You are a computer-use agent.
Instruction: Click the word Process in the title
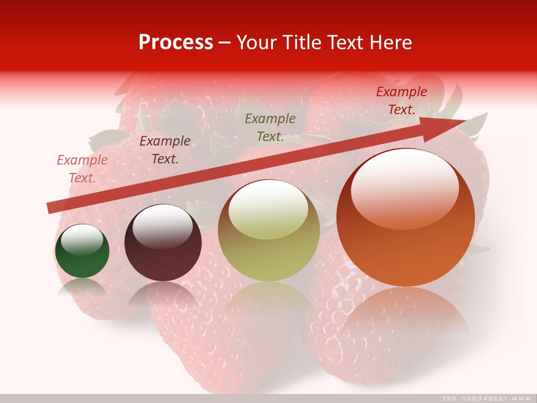coord(176,43)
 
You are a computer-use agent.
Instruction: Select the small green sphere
coord(82,251)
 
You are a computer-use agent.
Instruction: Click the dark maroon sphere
coord(163,243)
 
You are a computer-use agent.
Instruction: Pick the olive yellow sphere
coord(269,231)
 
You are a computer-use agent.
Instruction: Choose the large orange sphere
coord(406,218)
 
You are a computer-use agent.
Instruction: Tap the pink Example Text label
coord(82,169)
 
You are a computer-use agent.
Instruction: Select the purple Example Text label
coord(165,150)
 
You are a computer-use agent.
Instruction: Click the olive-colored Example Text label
coord(270,128)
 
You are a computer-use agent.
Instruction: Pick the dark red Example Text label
coord(402,101)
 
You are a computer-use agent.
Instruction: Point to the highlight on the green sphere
coord(82,240)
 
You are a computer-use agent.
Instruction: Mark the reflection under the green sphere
coord(82,288)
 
